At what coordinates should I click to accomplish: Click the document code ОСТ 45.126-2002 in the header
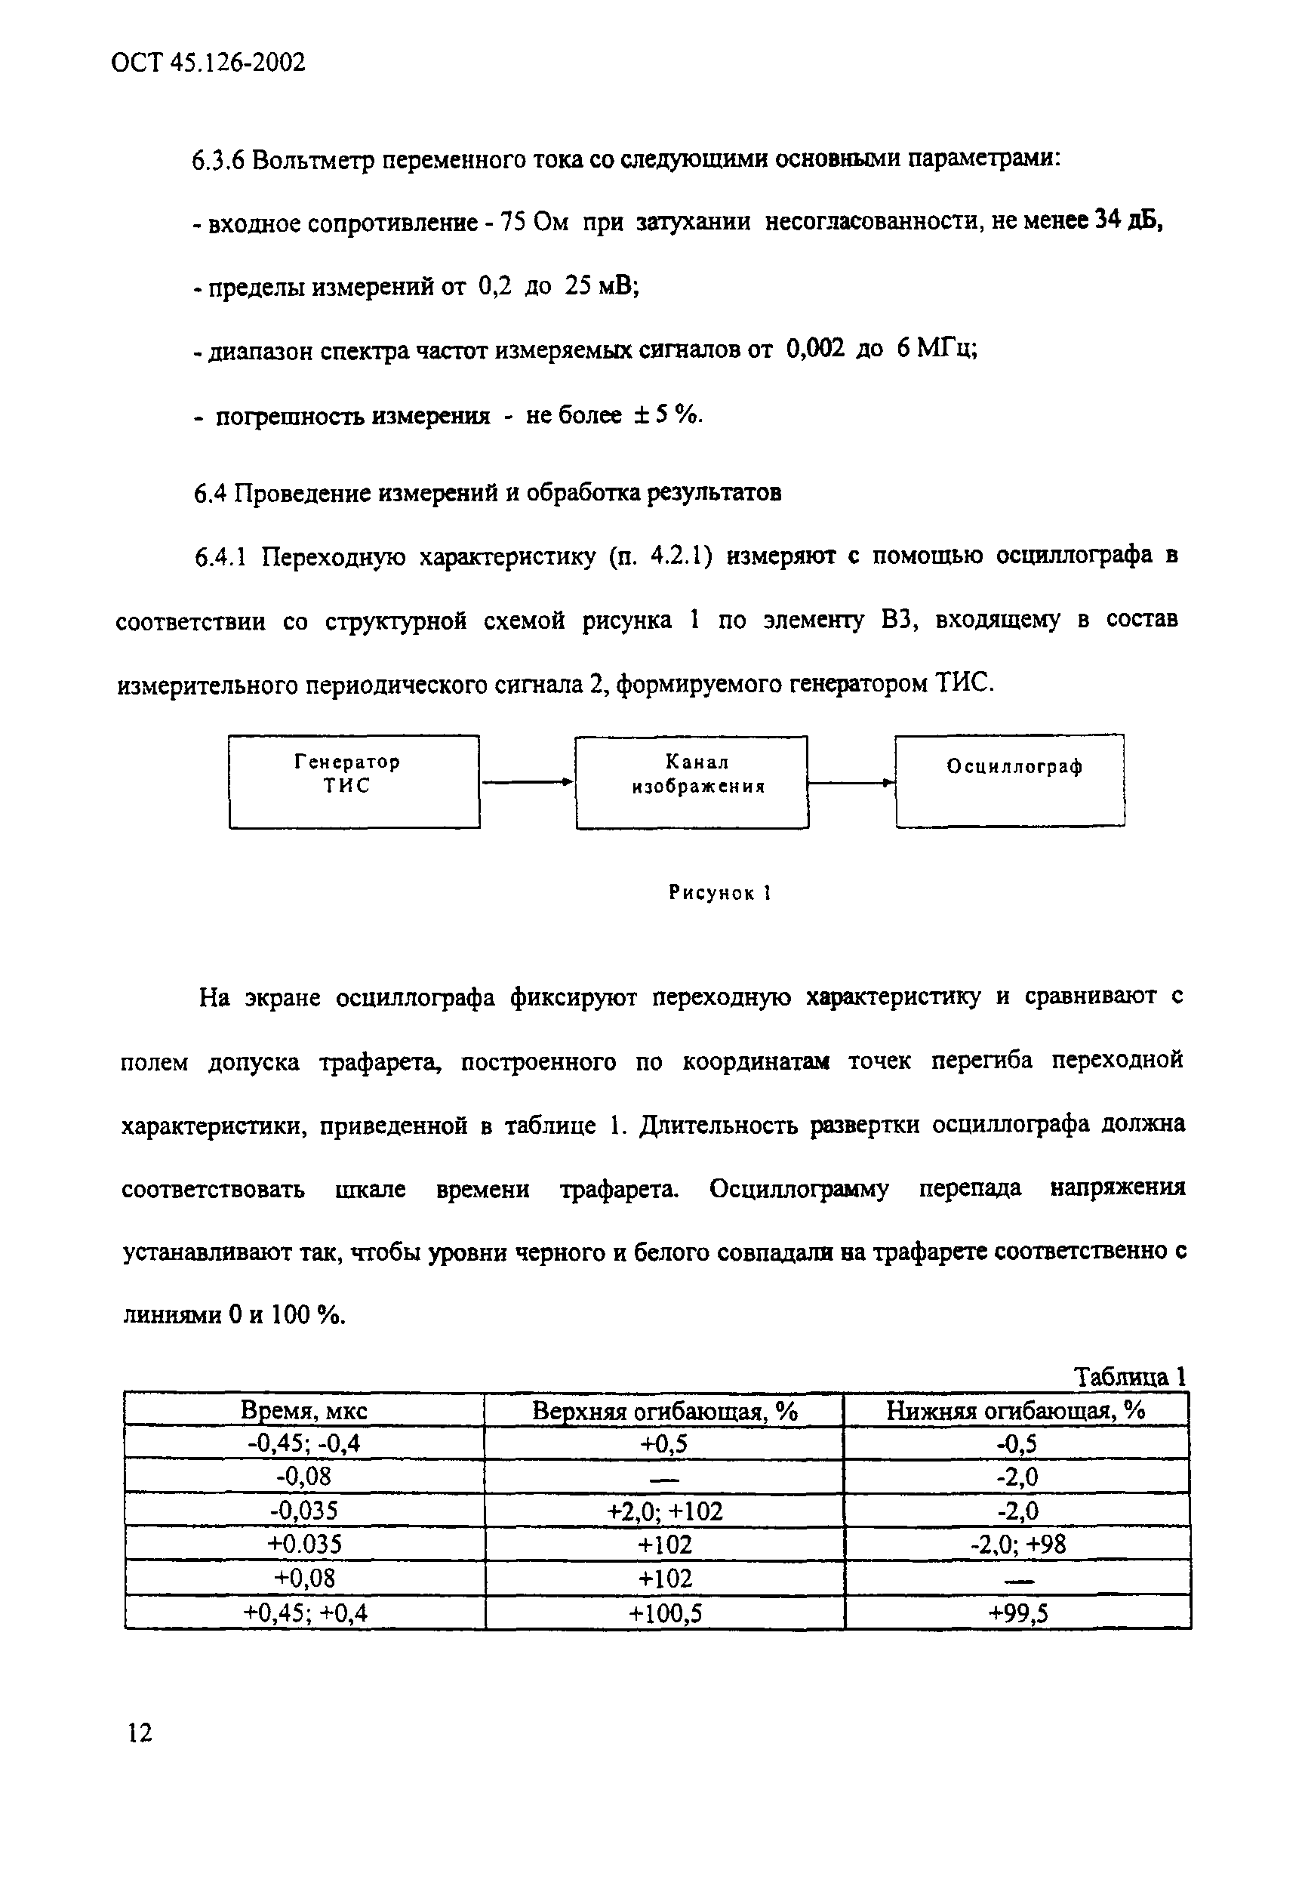pos(208,62)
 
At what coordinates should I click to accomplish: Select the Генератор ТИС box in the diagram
pos(354,781)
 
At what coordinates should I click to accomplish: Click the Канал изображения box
pos(691,782)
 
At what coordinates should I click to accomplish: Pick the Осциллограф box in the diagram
pos(1010,781)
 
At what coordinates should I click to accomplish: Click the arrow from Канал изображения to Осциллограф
pos(851,783)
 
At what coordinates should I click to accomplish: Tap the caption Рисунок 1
pos(720,892)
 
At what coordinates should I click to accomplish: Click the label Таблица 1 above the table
pos(1129,1376)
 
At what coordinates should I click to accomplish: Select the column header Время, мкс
pos(303,1410)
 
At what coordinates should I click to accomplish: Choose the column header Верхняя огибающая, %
pos(664,1410)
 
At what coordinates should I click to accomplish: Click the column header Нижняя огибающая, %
pos(1016,1410)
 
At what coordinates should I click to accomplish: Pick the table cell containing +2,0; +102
pos(664,1511)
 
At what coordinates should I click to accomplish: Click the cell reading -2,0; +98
pos(1018,1545)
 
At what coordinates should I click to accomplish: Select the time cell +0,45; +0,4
pos(305,1612)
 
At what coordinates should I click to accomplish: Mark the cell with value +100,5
pos(665,1612)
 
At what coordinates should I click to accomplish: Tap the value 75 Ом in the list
pos(533,222)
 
